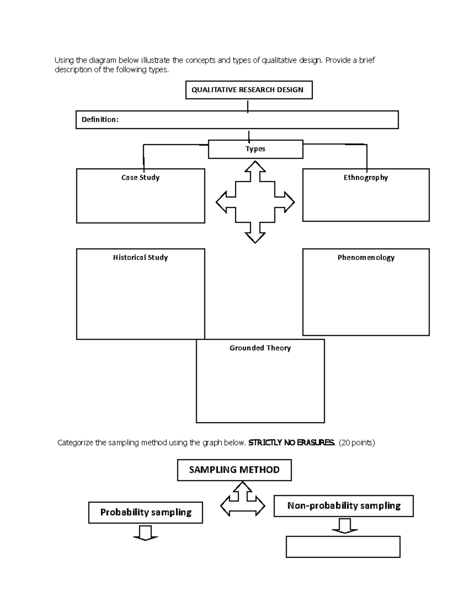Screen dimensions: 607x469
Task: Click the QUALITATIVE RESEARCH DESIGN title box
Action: pos(249,90)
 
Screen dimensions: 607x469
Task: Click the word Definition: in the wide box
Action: pos(100,120)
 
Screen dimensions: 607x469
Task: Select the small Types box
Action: pos(255,149)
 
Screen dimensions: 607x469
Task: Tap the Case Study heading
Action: pos(140,177)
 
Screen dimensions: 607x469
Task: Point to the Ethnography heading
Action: pos(365,177)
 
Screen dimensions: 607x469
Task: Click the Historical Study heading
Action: pos(140,258)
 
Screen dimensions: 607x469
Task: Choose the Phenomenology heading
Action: pos(366,258)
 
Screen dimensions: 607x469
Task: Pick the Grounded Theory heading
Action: pos(260,348)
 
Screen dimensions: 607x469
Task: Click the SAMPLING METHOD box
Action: pos(234,470)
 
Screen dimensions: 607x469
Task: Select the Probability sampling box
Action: pos(145,512)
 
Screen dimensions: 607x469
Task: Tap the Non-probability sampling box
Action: pos(344,506)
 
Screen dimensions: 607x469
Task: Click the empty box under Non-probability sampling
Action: pos(343,546)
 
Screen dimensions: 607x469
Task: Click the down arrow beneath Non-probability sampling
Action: pos(345,526)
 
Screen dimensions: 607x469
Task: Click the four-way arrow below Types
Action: pos(255,202)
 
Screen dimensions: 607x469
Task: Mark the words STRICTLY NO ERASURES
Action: pos(292,443)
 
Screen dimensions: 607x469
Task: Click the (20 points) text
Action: pos(357,443)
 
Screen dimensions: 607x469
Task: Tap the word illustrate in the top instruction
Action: pos(155,60)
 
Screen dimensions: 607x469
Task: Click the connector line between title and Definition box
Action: pos(248,106)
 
